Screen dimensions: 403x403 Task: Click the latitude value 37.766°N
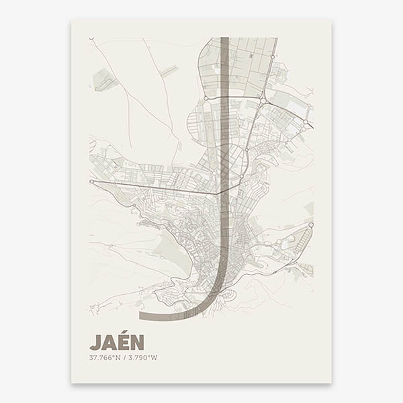click(x=105, y=357)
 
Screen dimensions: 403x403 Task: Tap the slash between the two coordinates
click(x=124, y=357)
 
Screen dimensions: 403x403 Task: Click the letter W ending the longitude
click(x=154, y=357)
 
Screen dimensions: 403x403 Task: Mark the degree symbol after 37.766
click(x=111, y=356)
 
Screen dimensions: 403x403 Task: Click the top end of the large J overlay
click(x=225, y=39)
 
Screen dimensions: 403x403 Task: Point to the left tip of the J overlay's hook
click(x=140, y=315)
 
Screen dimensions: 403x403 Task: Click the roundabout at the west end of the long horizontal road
click(x=91, y=181)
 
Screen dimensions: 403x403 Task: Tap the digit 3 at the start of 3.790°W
click(x=130, y=357)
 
